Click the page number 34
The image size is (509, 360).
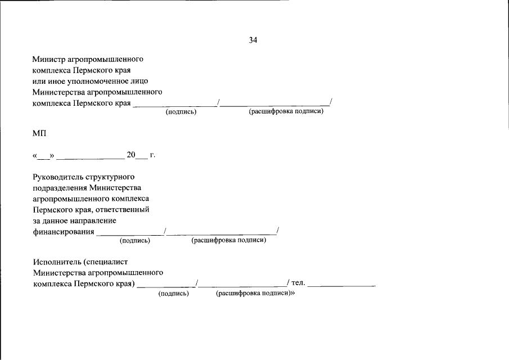pos(253,40)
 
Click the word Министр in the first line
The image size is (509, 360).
pos(49,59)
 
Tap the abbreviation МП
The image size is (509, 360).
pos(39,133)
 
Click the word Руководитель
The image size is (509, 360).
pos(58,177)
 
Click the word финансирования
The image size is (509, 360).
pos(64,232)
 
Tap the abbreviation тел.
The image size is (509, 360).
pos(298,283)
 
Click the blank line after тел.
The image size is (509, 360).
pos(341,286)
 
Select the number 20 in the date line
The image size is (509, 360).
pos(131,155)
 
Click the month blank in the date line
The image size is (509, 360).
pos(91,159)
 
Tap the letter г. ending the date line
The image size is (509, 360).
pos(152,155)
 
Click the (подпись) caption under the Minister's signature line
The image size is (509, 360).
pos(181,112)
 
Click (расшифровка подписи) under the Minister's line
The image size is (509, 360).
pos(286,111)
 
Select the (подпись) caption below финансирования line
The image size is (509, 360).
pos(135,241)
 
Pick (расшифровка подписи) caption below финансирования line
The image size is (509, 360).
pos(228,240)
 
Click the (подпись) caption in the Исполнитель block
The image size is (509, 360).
pos(174,294)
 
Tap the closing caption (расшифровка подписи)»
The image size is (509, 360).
pos(255,293)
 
